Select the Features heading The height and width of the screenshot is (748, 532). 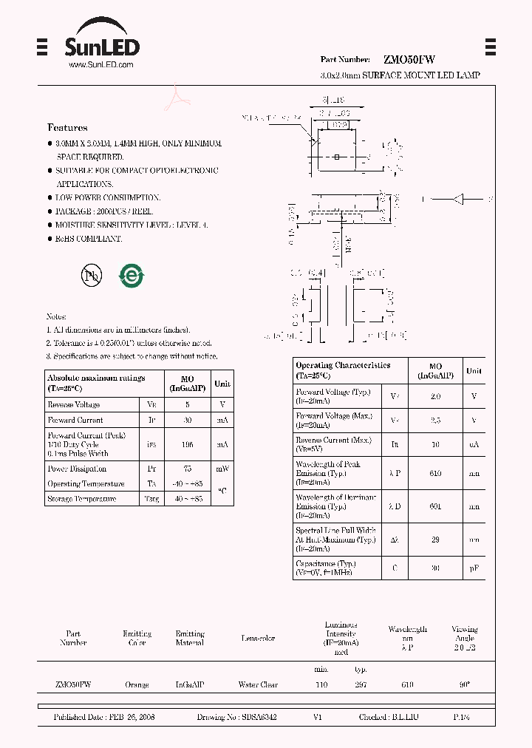click(67, 128)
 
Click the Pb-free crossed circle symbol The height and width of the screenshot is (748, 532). click(92, 276)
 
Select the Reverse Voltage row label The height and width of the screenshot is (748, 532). click(74, 405)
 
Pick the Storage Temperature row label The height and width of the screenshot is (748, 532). click(82, 499)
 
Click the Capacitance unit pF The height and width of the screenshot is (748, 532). click(474, 568)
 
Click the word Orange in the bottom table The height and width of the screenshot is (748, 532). click(137, 685)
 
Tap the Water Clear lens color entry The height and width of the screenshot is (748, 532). click(258, 685)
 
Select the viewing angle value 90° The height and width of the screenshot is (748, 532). click(464, 685)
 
